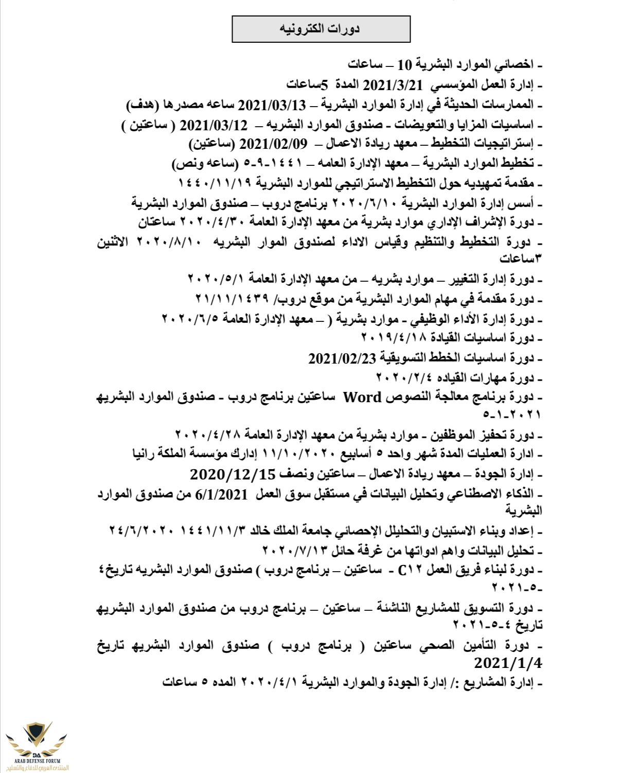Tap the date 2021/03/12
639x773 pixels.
214,125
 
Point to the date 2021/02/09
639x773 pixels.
274,144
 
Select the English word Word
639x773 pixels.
362,398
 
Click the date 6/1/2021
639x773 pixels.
222,494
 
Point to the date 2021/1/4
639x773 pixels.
508,662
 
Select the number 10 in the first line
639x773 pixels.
405,65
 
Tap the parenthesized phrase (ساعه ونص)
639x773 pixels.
204,164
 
